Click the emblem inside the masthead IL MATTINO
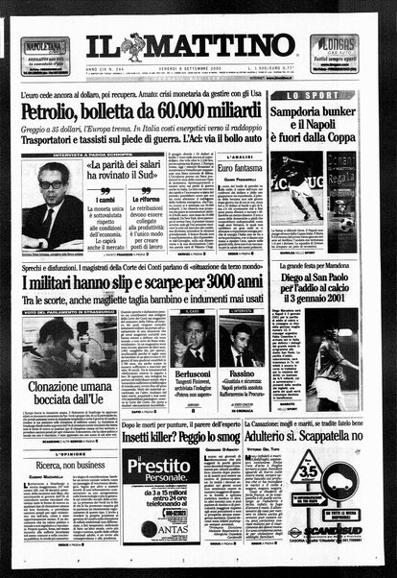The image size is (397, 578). (132, 46)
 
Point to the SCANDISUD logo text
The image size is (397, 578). (337, 529)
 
